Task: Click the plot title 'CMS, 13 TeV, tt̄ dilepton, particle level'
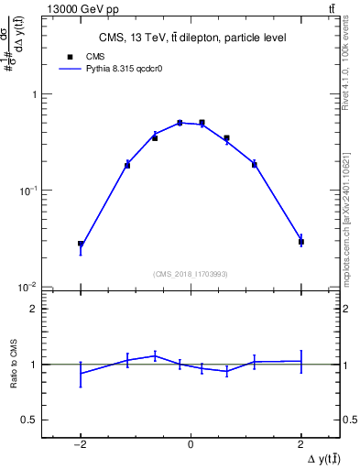click(192, 38)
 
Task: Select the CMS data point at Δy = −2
click(81, 245)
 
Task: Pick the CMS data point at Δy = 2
click(300, 242)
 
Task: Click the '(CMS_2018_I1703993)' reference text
click(191, 274)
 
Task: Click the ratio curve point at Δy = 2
click(300, 361)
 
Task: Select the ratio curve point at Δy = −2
click(81, 373)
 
